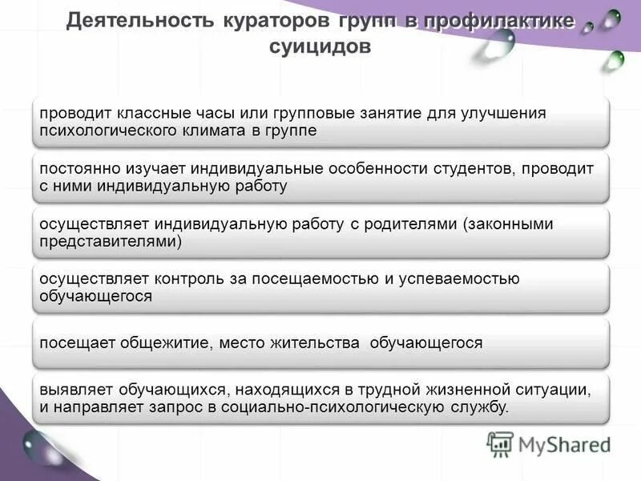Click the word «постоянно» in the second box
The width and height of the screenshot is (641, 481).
(77, 168)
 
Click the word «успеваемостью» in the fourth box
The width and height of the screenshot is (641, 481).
(456, 279)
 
